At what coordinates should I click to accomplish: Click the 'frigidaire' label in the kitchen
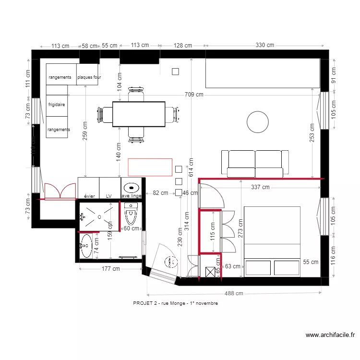[x=57, y=104]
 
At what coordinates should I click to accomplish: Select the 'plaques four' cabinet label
[x=89, y=77]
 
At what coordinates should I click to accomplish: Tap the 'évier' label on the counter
[x=89, y=196]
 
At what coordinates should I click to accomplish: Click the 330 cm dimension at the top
[x=264, y=45]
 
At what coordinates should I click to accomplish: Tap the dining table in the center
[x=139, y=114]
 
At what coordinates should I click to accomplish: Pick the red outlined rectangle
[x=150, y=167]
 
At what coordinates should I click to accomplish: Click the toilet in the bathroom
[x=131, y=211]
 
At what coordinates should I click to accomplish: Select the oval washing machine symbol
[x=131, y=187]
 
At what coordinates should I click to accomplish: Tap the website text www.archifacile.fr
[x=329, y=335]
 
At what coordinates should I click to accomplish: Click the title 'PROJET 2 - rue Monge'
[x=175, y=303]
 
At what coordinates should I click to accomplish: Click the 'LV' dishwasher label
[x=109, y=196]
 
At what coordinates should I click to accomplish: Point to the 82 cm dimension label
[x=160, y=193]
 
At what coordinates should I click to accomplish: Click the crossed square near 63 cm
[x=210, y=272]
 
